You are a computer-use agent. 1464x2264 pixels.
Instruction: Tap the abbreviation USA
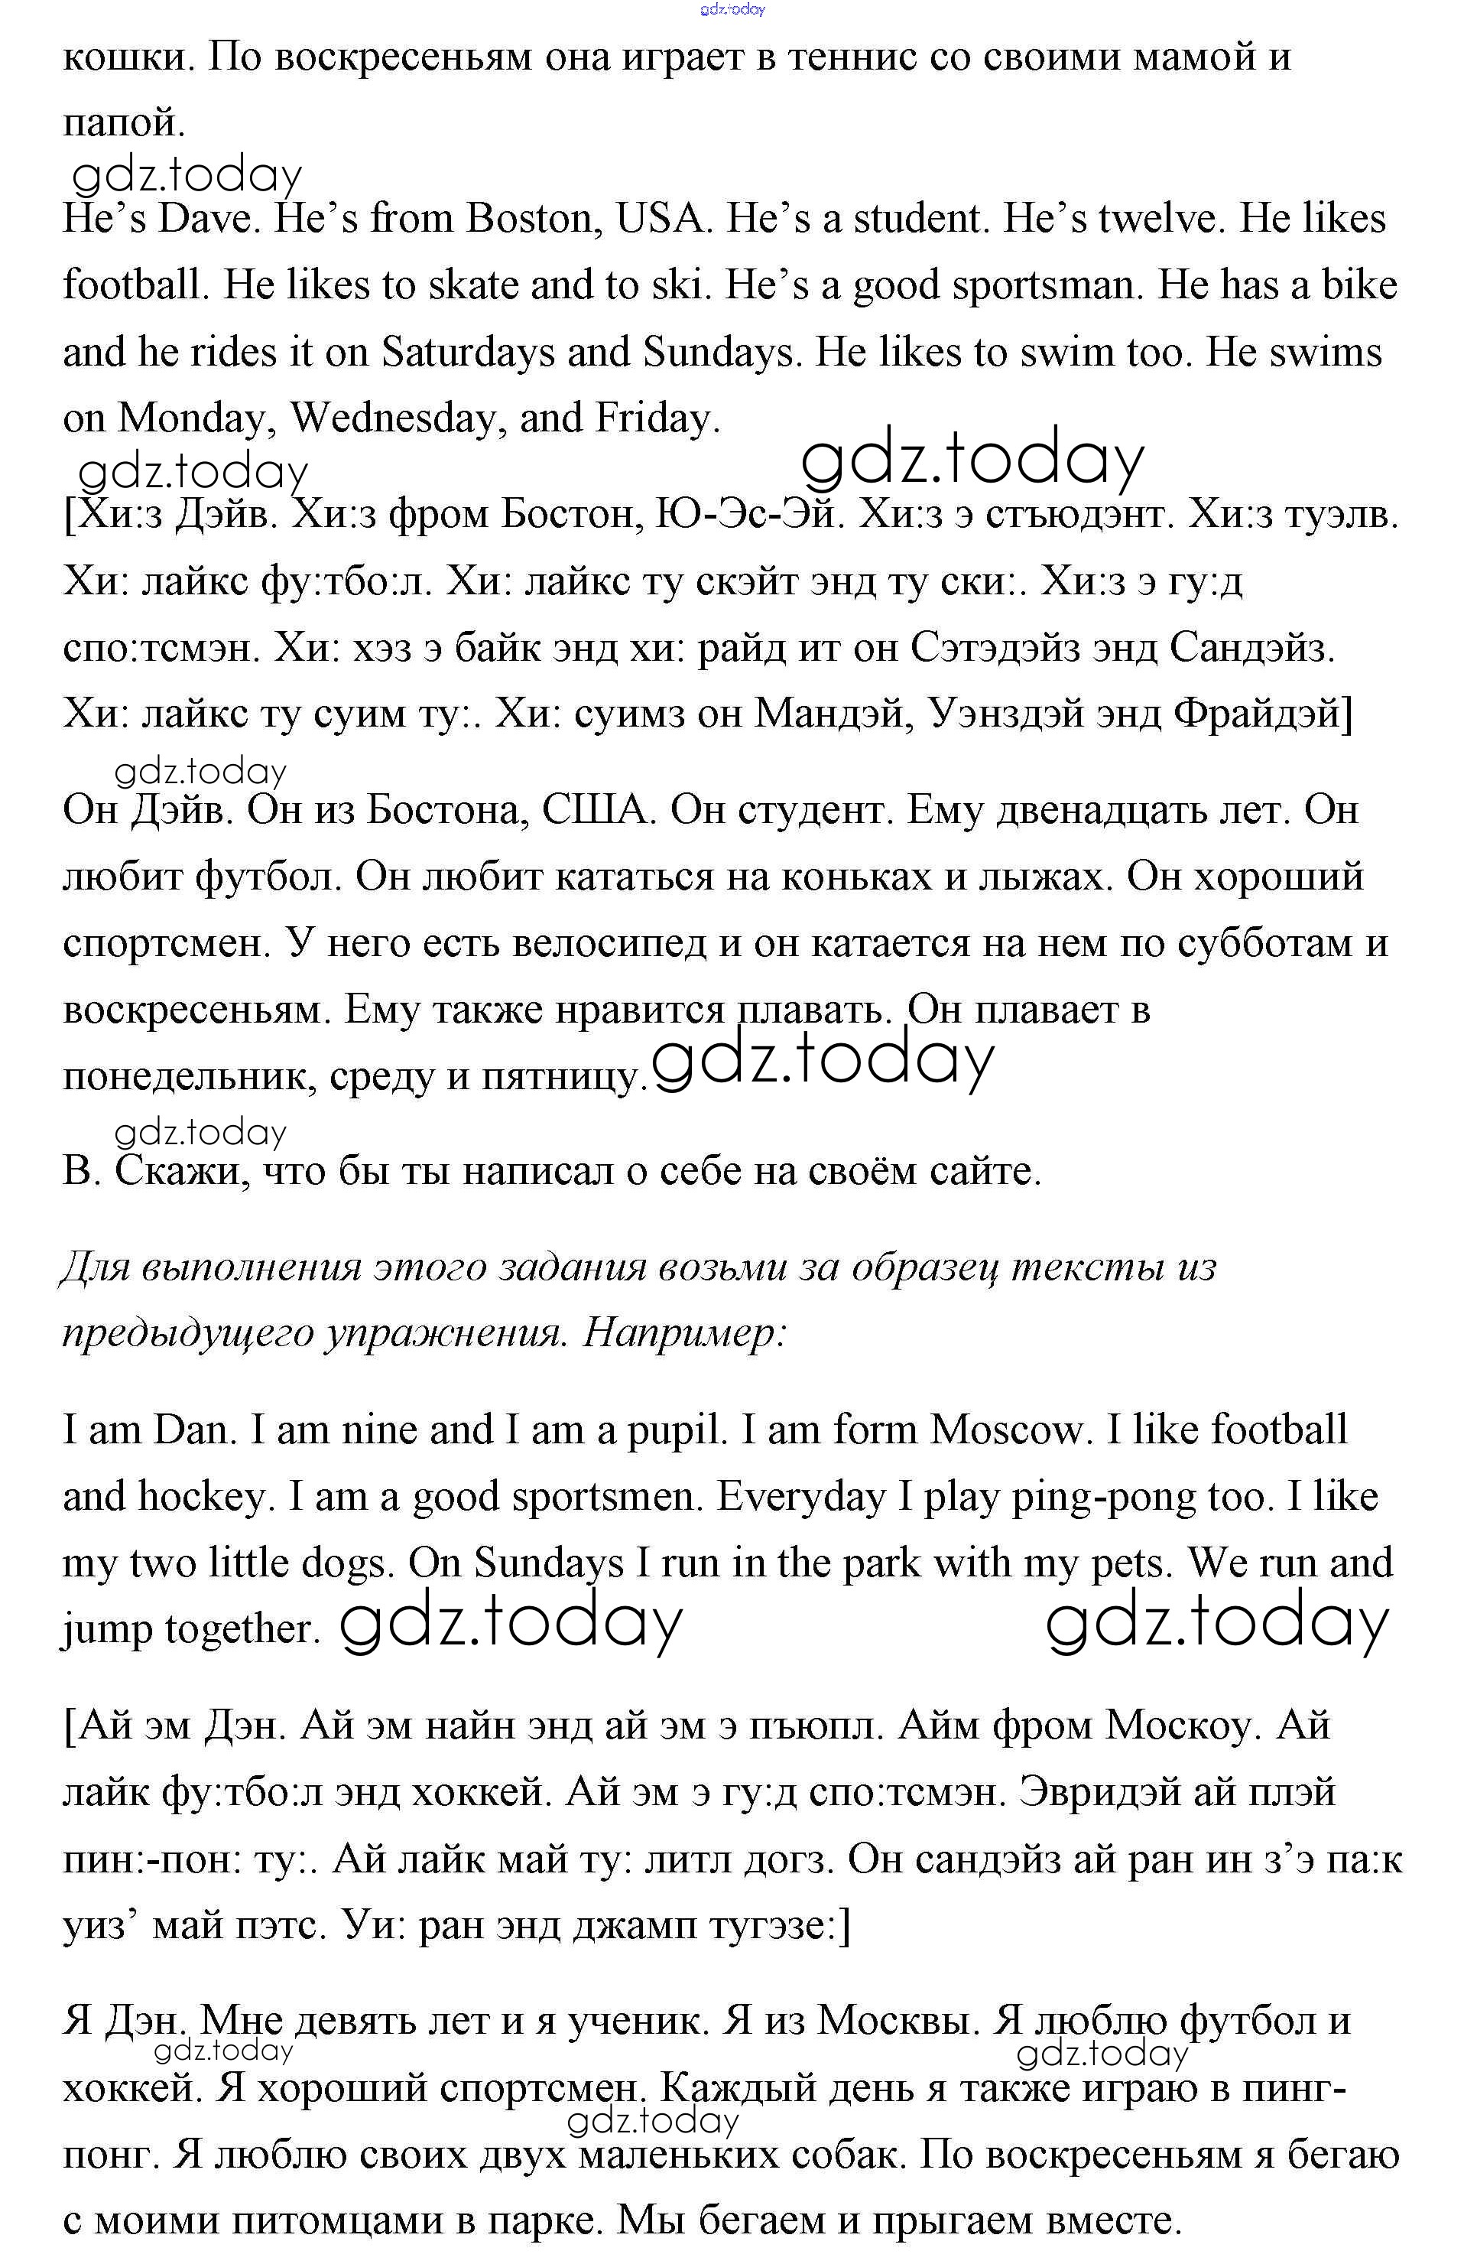[663, 219]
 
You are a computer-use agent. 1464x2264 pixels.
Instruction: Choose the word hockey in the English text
[202, 1497]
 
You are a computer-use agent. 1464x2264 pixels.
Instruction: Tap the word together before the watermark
[242, 1629]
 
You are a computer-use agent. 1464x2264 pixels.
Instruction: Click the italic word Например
[684, 1333]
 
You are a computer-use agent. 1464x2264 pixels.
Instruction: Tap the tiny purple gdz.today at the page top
[732, 9]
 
